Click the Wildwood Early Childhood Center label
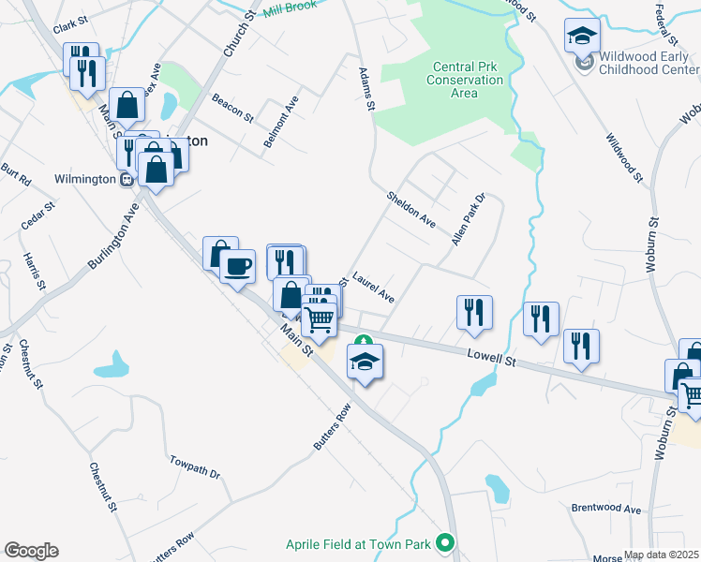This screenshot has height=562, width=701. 642,63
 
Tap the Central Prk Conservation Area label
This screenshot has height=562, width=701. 469,80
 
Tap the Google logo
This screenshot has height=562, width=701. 31,551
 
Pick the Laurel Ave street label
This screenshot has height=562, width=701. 373,288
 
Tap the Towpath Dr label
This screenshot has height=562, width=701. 194,467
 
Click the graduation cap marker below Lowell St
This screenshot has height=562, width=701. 365,361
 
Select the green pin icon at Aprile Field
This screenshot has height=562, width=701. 447,541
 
